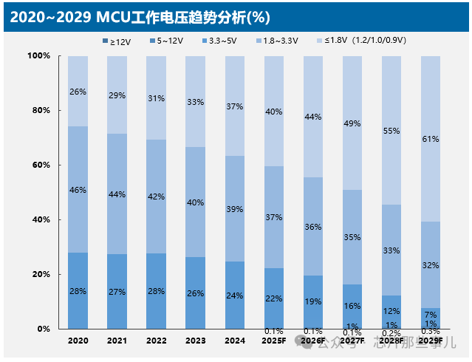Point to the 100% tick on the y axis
38,56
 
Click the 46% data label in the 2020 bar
78,190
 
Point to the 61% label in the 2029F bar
430,138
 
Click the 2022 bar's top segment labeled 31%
156,98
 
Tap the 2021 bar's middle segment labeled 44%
117,194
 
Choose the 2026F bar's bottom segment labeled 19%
312,302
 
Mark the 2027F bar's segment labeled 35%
352,237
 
